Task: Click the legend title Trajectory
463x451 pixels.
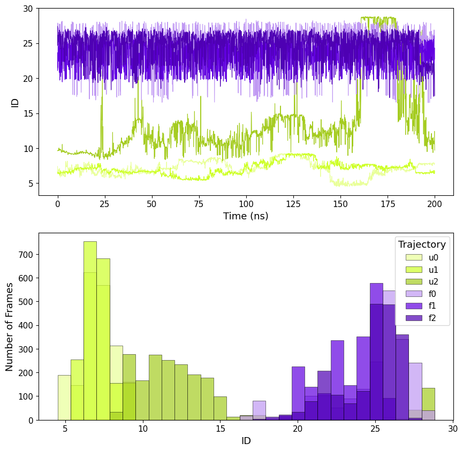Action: tap(422, 244)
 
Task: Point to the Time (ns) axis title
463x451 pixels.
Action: tap(246, 216)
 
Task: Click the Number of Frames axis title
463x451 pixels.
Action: tap(10, 326)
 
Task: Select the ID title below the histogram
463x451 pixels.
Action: tap(246, 441)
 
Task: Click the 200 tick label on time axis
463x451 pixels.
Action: tap(435, 204)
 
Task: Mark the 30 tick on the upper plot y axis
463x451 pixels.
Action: tap(28, 9)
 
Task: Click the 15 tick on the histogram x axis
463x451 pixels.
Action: tap(221, 428)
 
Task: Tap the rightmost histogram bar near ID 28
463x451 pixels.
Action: tap(428, 404)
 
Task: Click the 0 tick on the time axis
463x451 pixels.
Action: tap(58, 204)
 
